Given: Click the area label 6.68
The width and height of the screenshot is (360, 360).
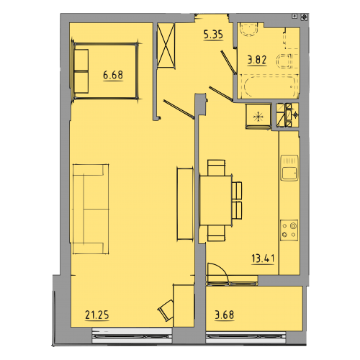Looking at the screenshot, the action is tap(113, 76).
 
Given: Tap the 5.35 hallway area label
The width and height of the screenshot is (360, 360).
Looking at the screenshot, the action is tap(213, 35).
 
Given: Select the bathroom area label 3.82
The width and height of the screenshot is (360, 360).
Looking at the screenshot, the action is tap(257, 60).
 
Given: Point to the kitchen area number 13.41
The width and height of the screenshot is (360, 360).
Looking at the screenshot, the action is tap(263, 258).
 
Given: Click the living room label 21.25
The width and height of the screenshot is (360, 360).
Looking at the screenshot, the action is tap(97, 315).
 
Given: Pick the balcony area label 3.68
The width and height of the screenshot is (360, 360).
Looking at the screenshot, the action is tap(225, 315).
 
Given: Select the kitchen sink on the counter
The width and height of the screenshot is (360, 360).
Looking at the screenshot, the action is tap(289, 168).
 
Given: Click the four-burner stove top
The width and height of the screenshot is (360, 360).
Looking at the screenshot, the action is tap(289, 230).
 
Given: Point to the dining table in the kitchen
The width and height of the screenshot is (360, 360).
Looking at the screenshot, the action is tap(215, 200).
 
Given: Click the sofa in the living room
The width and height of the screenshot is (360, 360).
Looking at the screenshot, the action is tap(91, 209).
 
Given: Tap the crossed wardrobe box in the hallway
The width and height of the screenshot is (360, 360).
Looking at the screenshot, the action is tap(166, 45).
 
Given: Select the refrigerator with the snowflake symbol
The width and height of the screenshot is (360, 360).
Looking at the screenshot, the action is tap(258, 116).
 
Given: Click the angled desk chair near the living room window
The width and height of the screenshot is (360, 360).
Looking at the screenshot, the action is tap(166, 310).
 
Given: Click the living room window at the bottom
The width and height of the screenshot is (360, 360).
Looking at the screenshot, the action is tap(132, 336).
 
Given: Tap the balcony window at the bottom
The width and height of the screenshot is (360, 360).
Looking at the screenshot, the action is tap(246, 337).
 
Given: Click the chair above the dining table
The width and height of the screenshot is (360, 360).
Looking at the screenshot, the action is tap(216, 168).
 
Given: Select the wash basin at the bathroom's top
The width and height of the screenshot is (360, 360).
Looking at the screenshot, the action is tap(249, 30).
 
